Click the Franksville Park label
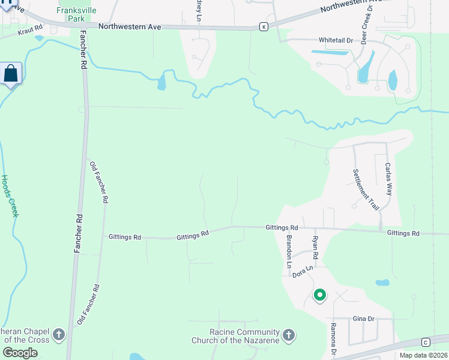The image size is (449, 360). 71,14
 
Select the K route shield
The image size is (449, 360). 264,26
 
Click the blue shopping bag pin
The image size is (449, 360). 11,74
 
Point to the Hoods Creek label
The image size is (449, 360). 10,196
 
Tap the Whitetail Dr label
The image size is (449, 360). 335,40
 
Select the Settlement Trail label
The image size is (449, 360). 365,189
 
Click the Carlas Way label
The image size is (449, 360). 388,179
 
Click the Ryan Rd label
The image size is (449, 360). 314,247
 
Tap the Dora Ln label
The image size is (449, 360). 303,272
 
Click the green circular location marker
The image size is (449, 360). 320,295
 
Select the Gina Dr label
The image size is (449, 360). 364,319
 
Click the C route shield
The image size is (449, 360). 426,342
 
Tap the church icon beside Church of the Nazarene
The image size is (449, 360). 289,334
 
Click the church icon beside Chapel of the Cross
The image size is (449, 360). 58,334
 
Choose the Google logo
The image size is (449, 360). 20,353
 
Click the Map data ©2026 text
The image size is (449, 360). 423,355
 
